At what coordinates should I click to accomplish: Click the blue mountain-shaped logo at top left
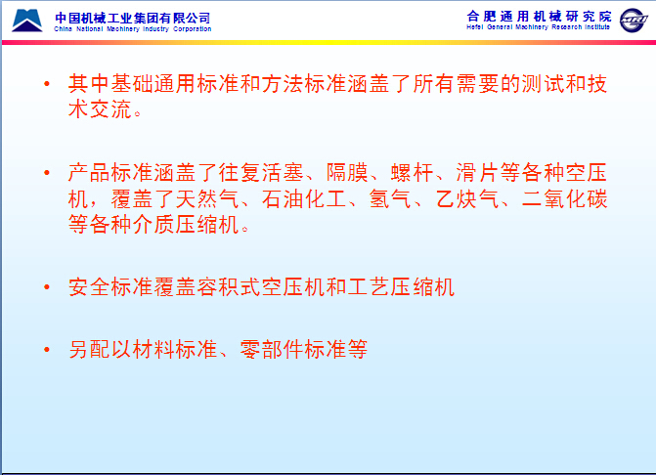tap(27, 21)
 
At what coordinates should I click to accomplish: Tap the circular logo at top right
tap(634, 21)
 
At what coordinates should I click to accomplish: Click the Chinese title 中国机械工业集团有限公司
tap(133, 18)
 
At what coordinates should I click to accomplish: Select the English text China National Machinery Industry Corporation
tap(133, 29)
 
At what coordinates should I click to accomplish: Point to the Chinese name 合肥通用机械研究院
tap(539, 17)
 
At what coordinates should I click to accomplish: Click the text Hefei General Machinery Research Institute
tap(539, 27)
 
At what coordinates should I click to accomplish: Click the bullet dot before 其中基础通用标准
tap(47, 84)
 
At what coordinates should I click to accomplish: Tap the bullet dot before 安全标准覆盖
tap(47, 286)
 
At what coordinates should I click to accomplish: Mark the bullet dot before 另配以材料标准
tap(47, 349)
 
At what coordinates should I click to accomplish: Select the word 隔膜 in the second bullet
tap(347, 172)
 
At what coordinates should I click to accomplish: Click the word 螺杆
tap(413, 172)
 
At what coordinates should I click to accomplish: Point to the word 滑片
tap(477, 172)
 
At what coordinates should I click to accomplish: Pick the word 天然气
tap(207, 198)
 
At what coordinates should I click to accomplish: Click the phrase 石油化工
tap(304, 198)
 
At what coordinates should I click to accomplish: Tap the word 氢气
tap(390, 198)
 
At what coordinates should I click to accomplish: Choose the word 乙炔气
tap(467, 198)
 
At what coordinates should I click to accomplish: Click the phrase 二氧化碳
tap(565, 198)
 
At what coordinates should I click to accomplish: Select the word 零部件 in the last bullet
tap(272, 349)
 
